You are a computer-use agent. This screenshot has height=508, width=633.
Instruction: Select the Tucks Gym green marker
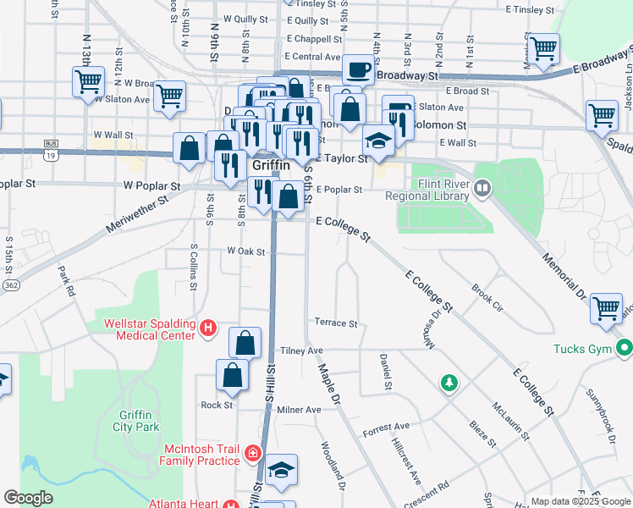[625, 348]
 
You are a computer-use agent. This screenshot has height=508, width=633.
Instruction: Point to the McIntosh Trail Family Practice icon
[251, 455]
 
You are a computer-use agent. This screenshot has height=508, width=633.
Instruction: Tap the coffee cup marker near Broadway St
[358, 69]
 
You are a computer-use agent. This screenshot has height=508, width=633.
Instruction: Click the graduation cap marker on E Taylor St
[378, 140]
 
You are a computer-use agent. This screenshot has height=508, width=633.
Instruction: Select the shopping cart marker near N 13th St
[87, 82]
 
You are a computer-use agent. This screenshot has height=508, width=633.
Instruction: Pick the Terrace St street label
[336, 323]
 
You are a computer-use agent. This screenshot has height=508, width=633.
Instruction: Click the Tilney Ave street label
[302, 351]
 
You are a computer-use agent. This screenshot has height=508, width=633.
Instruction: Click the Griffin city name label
[272, 167]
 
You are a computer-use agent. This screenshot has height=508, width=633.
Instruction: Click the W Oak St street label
[246, 251]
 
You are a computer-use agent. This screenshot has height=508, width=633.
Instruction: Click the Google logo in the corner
[29, 498]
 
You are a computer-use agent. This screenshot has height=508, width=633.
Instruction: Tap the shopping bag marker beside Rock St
[232, 375]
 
